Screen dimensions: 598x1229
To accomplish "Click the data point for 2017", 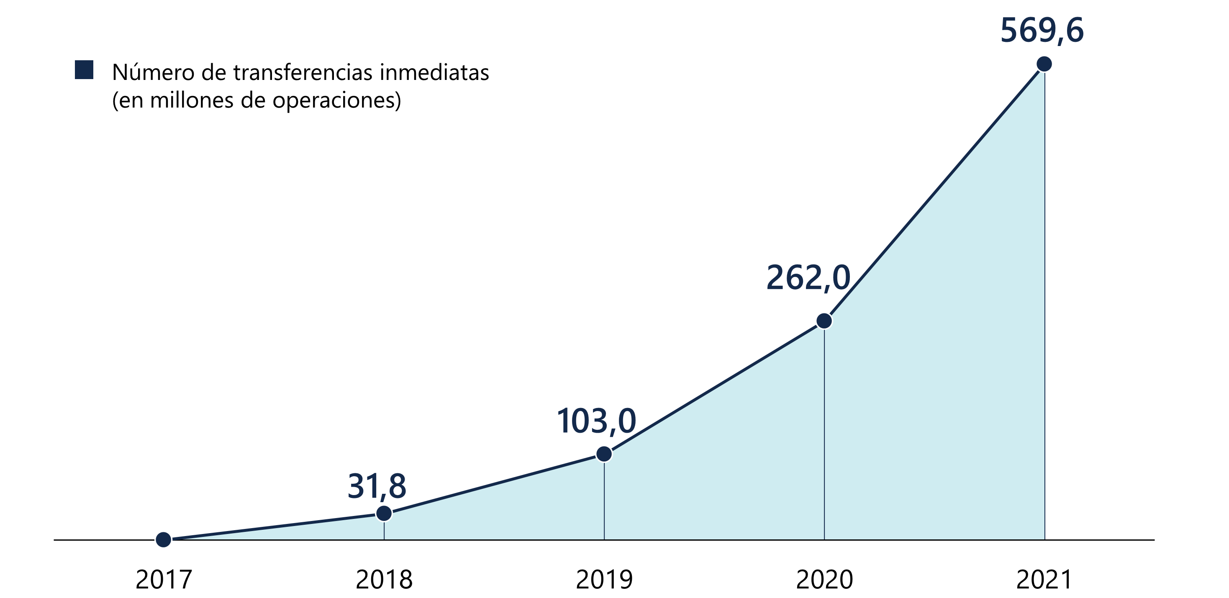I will click(x=164, y=540).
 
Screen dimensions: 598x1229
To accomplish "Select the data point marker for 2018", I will click(x=384, y=513).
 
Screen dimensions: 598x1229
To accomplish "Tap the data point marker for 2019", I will click(x=604, y=454).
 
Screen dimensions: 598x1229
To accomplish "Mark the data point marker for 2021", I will click(x=1044, y=64).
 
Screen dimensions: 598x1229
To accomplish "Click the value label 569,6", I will click(x=1042, y=31).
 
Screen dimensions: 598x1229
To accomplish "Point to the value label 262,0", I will click(x=808, y=278).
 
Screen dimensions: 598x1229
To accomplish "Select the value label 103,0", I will click(x=596, y=421).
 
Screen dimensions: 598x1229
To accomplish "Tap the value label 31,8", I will click(x=377, y=486).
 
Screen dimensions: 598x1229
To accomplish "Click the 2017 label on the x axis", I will click(x=164, y=580).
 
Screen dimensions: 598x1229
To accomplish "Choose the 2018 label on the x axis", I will click(x=384, y=580).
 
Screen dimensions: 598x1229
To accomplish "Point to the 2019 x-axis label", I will click(x=604, y=580).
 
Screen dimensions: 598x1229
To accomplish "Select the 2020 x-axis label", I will click(x=824, y=580).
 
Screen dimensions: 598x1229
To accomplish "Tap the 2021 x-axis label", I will click(x=1044, y=580).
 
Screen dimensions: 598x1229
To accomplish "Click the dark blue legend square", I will click(x=84, y=70).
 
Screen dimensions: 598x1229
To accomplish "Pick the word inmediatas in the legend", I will click(x=434, y=72).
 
